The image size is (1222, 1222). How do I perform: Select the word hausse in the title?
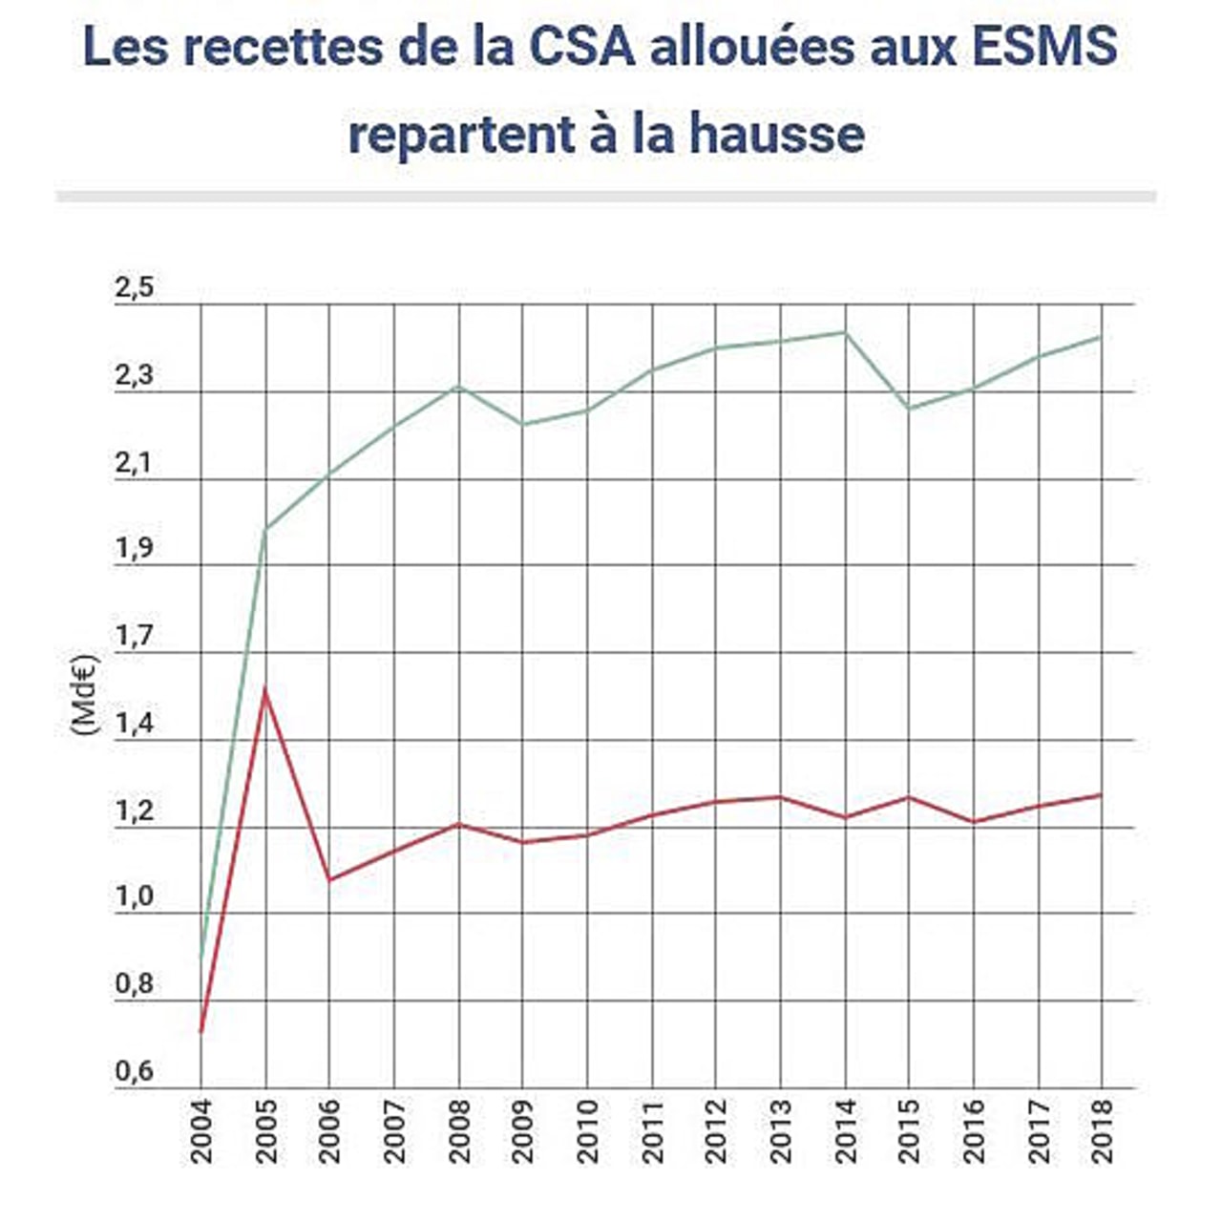(777, 134)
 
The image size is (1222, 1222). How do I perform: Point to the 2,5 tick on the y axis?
(134, 289)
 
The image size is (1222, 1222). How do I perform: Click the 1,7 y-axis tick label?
(134, 637)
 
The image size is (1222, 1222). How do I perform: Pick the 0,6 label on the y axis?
(134, 1072)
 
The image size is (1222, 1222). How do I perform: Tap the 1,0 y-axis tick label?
(134, 897)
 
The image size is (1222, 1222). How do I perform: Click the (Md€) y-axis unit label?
(84, 693)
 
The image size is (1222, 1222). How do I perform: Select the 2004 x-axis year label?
(201, 1130)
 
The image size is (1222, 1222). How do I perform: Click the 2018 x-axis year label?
(1103, 1130)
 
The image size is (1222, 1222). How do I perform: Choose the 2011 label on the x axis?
(652, 1130)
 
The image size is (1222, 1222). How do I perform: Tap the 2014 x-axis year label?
(845, 1130)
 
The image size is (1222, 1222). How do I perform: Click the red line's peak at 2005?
(265, 689)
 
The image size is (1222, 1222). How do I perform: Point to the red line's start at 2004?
(201, 1031)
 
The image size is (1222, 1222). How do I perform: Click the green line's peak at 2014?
(845, 332)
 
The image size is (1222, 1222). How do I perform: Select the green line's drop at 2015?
(909, 409)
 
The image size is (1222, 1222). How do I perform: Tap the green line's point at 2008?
(459, 387)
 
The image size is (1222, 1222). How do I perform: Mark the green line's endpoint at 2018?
(1102, 337)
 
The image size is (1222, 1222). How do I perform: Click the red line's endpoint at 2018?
(1102, 794)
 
